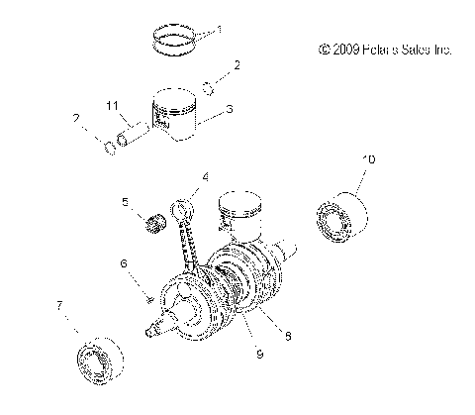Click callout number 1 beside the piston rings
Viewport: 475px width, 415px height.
pyautogui.click(x=220, y=29)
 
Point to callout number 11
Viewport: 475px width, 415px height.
pyautogui.click(x=114, y=104)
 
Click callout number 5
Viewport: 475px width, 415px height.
pyautogui.click(x=125, y=202)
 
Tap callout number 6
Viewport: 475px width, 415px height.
pyautogui.click(x=125, y=263)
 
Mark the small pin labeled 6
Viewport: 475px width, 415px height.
pyautogui.click(x=146, y=296)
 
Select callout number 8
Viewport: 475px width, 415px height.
pyautogui.click(x=287, y=337)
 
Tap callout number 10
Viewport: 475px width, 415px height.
pyautogui.click(x=368, y=159)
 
